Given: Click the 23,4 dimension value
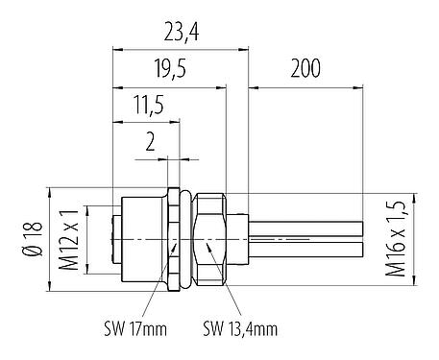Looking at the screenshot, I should [181, 33].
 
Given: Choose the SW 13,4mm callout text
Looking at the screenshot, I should [239, 329].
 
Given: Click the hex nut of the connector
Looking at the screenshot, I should [209, 235].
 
